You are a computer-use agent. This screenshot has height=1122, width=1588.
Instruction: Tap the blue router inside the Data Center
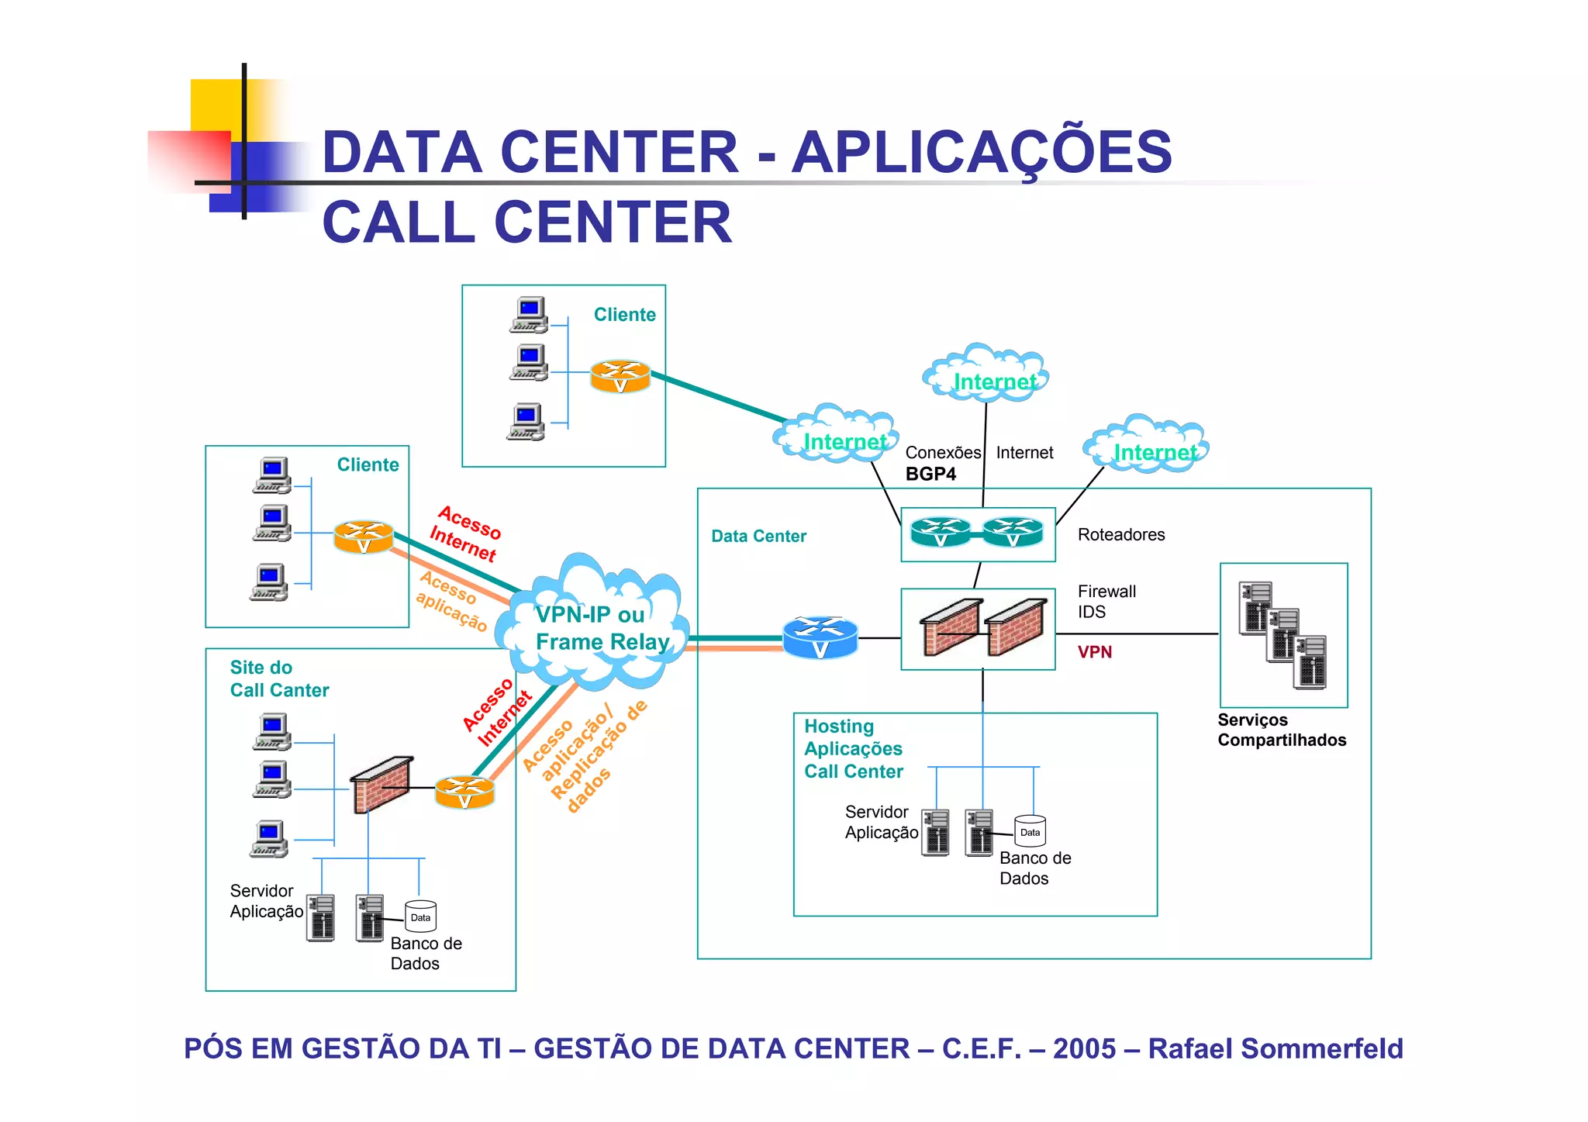(820, 637)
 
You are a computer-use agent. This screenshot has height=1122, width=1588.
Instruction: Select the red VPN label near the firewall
(1094, 652)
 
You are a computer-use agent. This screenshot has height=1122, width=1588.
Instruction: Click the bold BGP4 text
(930, 474)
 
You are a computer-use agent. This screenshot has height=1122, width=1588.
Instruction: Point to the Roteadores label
(1120, 534)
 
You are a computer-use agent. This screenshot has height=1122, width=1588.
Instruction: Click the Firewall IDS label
(1106, 601)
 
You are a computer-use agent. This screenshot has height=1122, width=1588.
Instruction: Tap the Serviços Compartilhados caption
(1281, 730)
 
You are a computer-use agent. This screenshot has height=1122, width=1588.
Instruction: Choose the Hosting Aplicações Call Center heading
(853, 748)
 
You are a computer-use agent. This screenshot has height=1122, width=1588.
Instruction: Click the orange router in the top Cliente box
(620, 376)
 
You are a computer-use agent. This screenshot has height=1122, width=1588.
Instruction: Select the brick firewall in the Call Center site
(381, 784)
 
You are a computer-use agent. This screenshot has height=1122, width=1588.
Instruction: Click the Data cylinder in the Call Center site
(420, 916)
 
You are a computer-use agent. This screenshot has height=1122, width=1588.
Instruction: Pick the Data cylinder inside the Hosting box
(1030, 830)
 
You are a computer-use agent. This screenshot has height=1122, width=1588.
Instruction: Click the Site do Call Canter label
(278, 678)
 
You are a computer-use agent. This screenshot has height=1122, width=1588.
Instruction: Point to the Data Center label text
(758, 536)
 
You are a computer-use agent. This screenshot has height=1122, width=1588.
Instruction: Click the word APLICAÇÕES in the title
(981, 152)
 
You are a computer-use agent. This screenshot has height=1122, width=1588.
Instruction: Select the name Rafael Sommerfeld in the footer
(1275, 1048)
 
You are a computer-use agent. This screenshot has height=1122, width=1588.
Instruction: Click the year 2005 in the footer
(1084, 1048)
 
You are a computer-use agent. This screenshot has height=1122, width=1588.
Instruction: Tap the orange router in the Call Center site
(464, 792)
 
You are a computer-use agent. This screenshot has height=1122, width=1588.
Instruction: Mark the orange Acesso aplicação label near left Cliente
(451, 602)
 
